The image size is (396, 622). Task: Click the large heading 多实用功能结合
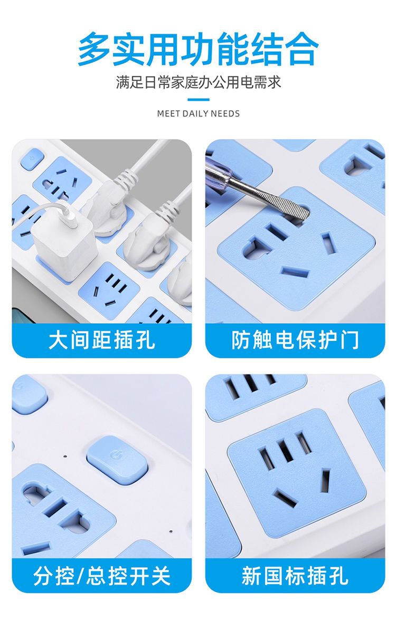click(198, 49)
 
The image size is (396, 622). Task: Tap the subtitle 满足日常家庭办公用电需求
click(198, 83)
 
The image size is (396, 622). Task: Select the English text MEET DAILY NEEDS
click(198, 114)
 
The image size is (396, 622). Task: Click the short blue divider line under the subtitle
click(198, 100)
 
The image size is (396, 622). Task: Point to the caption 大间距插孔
click(102, 341)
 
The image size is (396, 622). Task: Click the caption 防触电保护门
click(295, 341)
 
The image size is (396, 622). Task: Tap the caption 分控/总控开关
click(102, 576)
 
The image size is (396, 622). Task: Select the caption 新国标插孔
click(295, 576)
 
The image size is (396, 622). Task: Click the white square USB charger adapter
click(65, 240)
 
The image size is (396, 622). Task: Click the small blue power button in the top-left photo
click(32, 160)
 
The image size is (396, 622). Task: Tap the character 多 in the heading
click(95, 49)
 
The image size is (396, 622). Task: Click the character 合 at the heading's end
click(302, 49)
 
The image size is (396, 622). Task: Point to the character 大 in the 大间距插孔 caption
click(59, 341)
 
